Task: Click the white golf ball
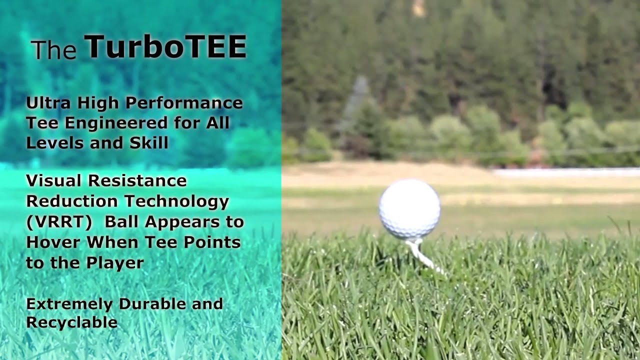click(409, 209)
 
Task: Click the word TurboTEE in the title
click(165, 46)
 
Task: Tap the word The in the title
click(54, 49)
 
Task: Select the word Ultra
click(48, 103)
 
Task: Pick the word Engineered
click(116, 123)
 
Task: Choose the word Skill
click(149, 142)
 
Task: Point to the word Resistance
click(137, 180)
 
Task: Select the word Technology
click(177, 201)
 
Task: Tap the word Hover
click(53, 242)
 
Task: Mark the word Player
click(115, 263)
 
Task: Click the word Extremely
click(69, 304)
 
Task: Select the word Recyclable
click(71, 323)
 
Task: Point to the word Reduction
click(72, 201)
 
